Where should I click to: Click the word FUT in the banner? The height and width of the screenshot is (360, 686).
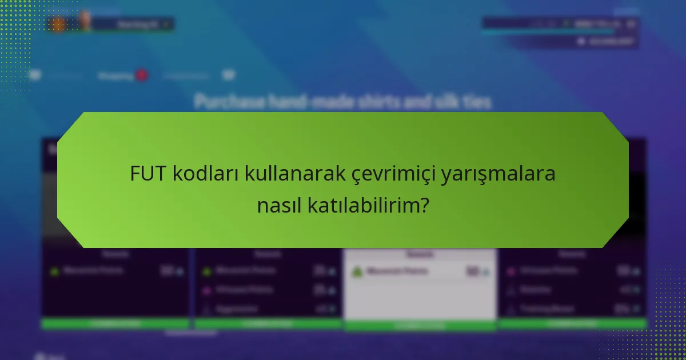(x=149, y=174)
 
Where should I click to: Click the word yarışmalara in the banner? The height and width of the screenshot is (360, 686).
(x=498, y=174)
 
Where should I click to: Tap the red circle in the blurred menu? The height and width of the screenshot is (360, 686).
(x=141, y=75)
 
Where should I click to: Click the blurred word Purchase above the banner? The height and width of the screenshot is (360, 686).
(x=229, y=102)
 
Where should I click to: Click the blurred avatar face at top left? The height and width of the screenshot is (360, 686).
(x=85, y=22)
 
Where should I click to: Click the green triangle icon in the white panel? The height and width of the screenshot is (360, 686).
(x=358, y=272)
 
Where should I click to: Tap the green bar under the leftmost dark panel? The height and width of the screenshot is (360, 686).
(x=115, y=324)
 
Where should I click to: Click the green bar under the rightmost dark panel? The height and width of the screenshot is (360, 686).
(x=572, y=324)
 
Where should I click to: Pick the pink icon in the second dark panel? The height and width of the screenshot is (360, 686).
(x=207, y=290)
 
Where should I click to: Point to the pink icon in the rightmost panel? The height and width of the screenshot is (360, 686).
(x=510, y=270)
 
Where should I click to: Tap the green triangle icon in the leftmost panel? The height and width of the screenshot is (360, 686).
(x=54, y=271)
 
